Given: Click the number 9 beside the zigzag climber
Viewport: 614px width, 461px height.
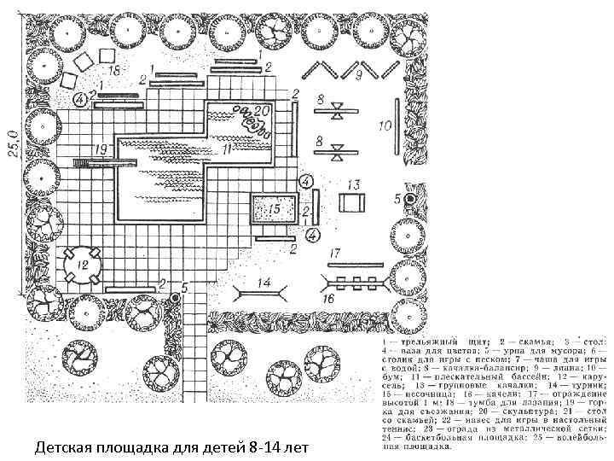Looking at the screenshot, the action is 360,77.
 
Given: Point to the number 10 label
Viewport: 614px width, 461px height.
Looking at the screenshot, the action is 385,125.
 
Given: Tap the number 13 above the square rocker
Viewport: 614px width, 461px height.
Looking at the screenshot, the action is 354,184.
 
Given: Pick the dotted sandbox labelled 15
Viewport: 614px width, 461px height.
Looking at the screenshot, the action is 273,208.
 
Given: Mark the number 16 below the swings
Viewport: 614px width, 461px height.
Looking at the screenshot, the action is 327,299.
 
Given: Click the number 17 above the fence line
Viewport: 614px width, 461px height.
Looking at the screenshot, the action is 336,253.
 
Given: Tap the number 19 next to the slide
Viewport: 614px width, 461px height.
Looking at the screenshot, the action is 101,149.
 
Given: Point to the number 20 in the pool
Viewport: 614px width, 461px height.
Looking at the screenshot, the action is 262,110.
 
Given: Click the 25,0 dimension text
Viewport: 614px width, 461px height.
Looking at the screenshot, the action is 13,135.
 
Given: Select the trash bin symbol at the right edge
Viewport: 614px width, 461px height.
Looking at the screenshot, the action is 410,199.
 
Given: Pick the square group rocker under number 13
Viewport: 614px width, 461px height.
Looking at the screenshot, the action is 352,204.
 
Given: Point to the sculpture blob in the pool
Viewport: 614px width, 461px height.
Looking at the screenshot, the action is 253,124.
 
